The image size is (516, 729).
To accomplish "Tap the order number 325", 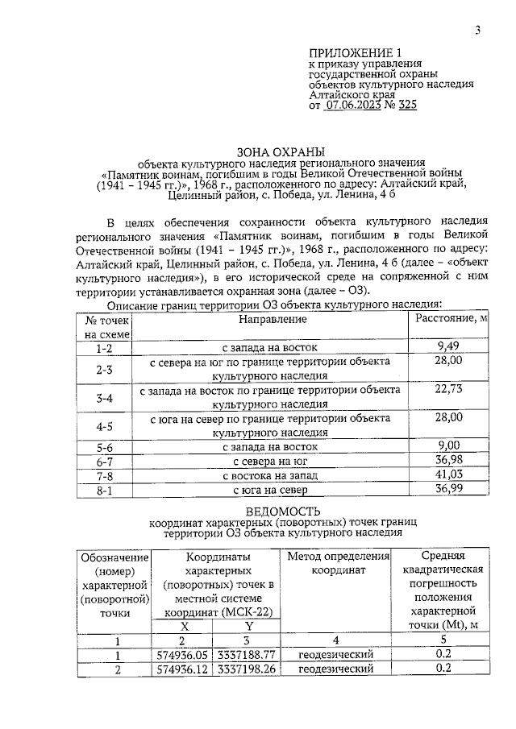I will click(x=406, y=104).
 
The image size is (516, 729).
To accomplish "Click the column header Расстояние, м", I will click(x=450, y=319).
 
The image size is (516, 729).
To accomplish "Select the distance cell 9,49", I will click(x=449, y=346).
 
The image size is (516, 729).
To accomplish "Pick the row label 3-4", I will click(x=104, y=398).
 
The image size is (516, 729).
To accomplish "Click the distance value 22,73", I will click(x=449, y=389).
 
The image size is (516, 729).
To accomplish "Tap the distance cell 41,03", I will click(x=449, y=474).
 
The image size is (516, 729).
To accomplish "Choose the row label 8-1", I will click(x=104, y=489).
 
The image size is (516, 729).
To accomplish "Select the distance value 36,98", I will click(x=449, y=460).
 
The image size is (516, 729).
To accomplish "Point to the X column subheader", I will click(x=184, y=626).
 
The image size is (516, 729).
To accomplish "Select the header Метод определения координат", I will click(x=334, y=563).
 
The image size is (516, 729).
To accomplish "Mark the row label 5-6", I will click(x=104, y=446).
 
